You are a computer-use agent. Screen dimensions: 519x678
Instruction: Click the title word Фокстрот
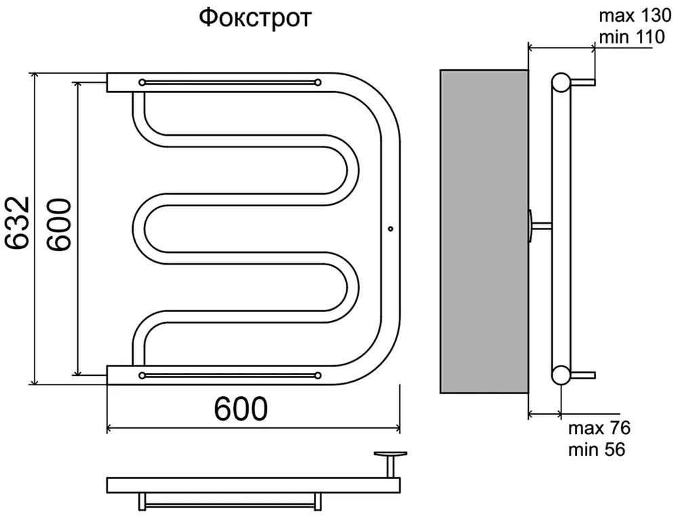coord(255,18)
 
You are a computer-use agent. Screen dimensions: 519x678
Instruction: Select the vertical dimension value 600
coord(59,226)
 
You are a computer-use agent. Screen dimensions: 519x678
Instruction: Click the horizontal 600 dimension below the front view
coord(241,408)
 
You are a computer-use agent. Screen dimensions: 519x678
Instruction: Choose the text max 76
coord(599,428)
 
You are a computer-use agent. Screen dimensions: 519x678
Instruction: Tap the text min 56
coord(597,448)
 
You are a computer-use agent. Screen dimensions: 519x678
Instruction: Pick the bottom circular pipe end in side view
coord(561,374)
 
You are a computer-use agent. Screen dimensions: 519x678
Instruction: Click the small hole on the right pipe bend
coord(391,229)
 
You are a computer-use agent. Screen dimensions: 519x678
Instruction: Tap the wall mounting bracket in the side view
coord(536,226)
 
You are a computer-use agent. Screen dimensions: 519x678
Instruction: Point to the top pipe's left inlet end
coord(113,81)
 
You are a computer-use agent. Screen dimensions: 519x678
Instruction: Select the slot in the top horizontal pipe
coord(229,82)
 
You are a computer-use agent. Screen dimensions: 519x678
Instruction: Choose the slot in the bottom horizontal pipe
coord(229,374)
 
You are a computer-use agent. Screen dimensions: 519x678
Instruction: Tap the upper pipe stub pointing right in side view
coord(584,83)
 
